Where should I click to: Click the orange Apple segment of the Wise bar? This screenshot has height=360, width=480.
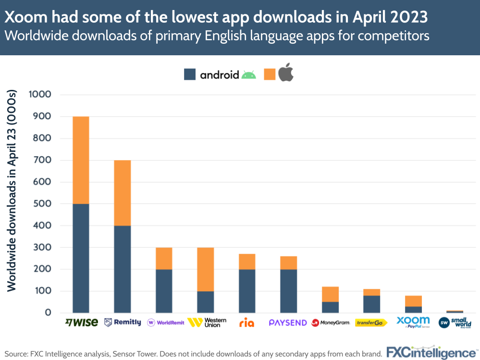(81, 160)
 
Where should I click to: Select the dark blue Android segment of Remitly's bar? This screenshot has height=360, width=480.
(122, 269)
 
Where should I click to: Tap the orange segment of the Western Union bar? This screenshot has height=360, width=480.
(205, 269)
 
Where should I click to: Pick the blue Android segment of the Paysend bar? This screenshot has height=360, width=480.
(288, 291)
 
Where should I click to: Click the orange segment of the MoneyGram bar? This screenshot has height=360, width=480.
(330, 294)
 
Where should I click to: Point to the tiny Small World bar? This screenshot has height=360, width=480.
(455, 311)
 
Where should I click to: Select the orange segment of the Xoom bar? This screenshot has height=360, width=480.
(413, 301)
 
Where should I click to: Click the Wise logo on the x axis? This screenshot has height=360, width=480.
(81, 322)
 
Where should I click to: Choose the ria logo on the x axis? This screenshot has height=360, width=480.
(246, 323)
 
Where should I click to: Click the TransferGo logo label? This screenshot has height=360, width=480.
(371, 323)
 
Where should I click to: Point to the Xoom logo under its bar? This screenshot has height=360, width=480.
(413, 322)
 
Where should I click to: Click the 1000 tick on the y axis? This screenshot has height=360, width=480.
(40, 95)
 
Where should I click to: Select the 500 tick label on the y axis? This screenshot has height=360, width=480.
(43, 204)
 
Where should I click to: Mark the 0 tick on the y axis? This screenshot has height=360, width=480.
(49, 313)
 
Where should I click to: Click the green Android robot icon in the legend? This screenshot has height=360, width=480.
(248, 74)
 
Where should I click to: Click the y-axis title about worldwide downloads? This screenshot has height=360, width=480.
(12, 190)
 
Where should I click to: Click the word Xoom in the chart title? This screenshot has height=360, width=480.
(24, 17)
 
